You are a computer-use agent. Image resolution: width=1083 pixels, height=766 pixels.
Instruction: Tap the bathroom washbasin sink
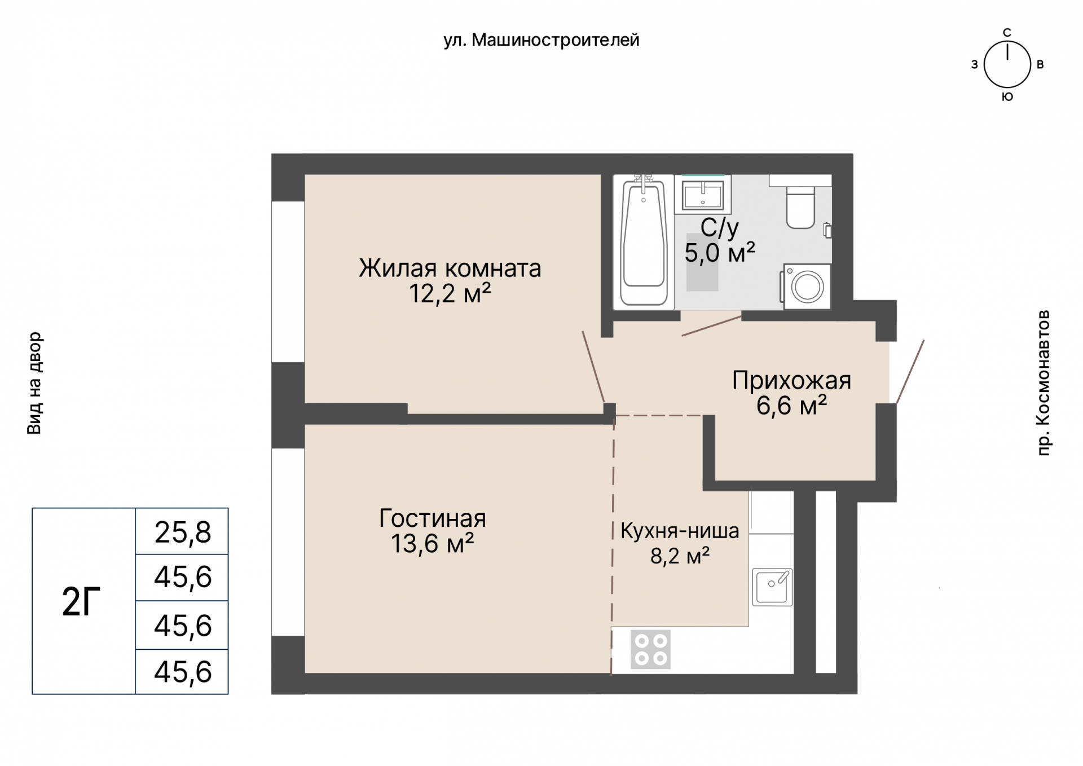click(x=702, y=195)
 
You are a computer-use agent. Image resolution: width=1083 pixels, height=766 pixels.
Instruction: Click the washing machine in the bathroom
click(x=807, y=287)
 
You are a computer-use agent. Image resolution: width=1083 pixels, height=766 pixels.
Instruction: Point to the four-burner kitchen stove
click(x=651, y=649)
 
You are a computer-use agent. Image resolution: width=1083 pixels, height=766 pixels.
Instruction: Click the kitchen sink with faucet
click(x=772, y=587)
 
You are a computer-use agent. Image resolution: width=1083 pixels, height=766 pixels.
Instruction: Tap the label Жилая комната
click(x=450, y=268)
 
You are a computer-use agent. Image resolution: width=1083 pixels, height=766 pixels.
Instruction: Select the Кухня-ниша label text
click(x=679, y=531)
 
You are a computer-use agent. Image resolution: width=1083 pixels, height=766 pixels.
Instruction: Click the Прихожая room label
click(x=791, y=381)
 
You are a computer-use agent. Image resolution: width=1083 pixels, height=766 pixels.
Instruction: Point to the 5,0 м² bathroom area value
click(x=719, y=253)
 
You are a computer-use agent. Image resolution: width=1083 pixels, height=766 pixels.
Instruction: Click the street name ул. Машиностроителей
click(x=541, y=40)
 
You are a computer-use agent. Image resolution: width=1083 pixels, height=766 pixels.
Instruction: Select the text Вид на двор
click(x=34, y=383)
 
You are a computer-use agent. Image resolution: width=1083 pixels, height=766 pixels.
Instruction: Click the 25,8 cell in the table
click(x=182, y=532)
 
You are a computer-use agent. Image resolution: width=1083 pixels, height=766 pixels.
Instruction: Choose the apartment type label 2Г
click(x=81, y=602)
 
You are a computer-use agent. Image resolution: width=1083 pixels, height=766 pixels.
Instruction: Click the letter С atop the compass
click(x=1007, y=33)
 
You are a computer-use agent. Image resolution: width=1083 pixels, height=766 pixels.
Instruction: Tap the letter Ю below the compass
click(x=1007, y=97)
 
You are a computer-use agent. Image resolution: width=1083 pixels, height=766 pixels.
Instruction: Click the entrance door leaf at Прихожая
click(x=910, y=372)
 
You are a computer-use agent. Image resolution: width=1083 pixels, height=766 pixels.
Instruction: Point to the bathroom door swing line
click(x=711, y=327)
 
